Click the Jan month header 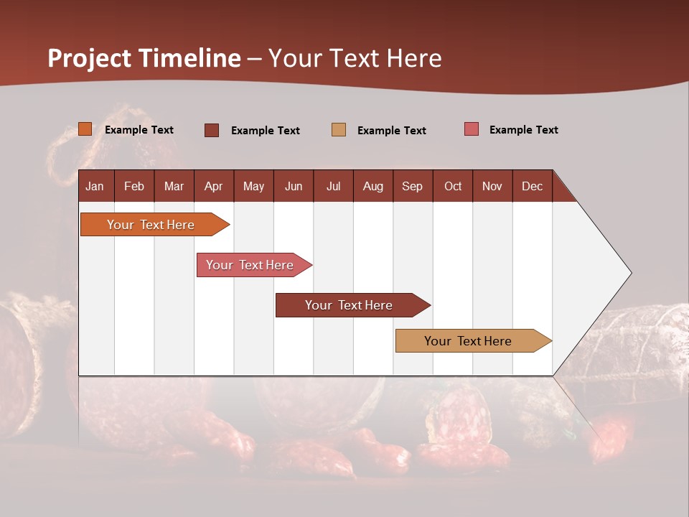click(x=95, y=186)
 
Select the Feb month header click(x=134, y=186)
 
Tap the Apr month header click(x=213, y=186)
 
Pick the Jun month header click(x=294, y=186)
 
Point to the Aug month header click(x=372, y=186)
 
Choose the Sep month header click(x=412, y=186)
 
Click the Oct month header click(x=453, y=186)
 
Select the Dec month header click(x=532, y=186)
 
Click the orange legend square click(x=85, y=129)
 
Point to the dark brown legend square click(x=212, y=130)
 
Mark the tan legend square click(x=339, y=130)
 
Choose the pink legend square click(x=472, y=129)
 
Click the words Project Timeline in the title click(x=144, y=58)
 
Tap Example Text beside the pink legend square click(x=523, y=130)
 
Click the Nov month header click(x=492, y=186)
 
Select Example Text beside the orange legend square click(x=139, y=130)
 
